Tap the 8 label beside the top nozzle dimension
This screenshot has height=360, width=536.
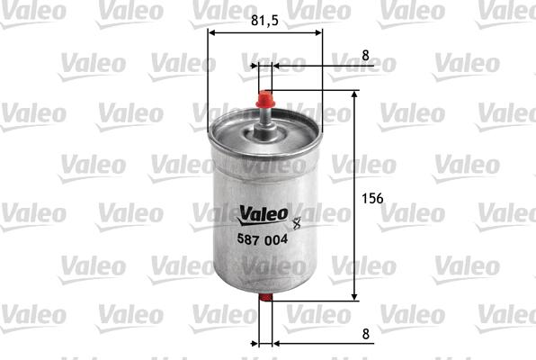[x=364, y=55]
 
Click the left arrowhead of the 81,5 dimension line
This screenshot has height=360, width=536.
[x=212, y=33]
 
